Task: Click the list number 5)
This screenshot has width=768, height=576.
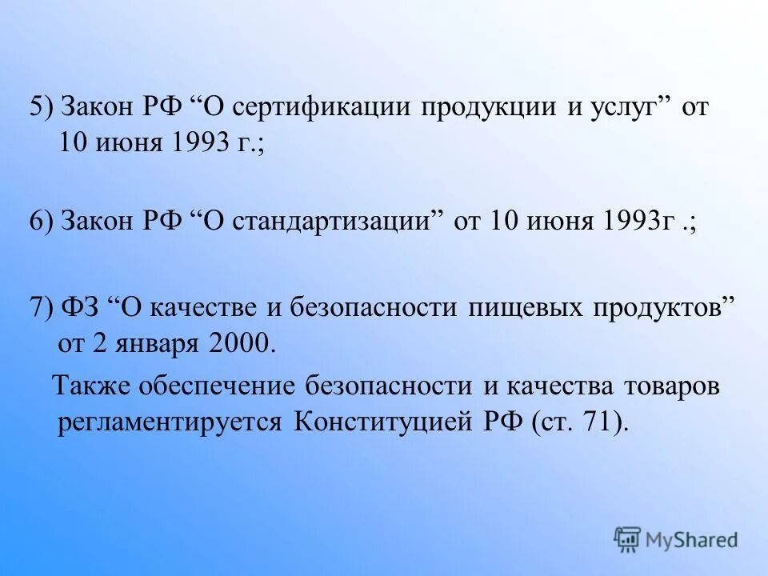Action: coord(42,108)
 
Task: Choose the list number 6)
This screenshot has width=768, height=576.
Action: coord(42,222)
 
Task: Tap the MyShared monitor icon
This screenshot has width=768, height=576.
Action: coord(628,540)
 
